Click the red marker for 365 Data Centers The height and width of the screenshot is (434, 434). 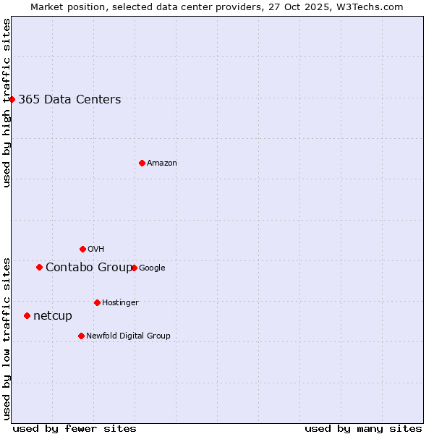[12, 99]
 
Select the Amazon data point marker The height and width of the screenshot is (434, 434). [142, 163]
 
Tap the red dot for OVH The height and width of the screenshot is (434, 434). [82, 249]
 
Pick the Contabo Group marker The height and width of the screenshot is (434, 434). [39, 267]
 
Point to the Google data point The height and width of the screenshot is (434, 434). [134, 268]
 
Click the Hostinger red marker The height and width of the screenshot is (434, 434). [97, 302]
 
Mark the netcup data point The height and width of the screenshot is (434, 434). [27, 315]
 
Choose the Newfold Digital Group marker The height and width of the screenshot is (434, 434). [81, 336]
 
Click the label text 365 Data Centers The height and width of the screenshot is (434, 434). [69, 100]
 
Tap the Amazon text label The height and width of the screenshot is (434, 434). [162, 163]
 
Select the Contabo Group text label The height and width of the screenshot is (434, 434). [88, 268]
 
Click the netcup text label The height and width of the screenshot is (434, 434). [53, 316]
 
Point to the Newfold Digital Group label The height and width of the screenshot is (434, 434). [128, 336]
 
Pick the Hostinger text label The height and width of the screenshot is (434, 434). [120, 302]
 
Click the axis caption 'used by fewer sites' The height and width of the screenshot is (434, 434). [75, 428]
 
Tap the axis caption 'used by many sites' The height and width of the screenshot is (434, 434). [363, 428]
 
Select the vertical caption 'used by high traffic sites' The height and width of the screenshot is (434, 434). [7, 103]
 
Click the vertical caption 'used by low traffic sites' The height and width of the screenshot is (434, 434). [7, 339]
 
